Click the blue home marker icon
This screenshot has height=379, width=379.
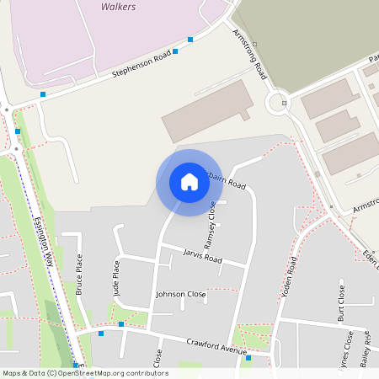(x=189, y=182)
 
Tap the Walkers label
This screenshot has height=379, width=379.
(x=118, y=6)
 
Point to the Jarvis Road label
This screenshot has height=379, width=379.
(x=202, y=255)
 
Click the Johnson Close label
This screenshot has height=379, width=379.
(x=180, y=295)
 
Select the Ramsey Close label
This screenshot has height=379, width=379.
(x=211, y=221)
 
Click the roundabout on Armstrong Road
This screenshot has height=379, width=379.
(x=277, y=104)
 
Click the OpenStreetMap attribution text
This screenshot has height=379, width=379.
(x=84, y=373)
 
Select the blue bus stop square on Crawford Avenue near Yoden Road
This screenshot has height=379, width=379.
(x=248, y=358)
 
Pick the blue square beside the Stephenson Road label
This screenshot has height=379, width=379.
(x=176, y=52)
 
